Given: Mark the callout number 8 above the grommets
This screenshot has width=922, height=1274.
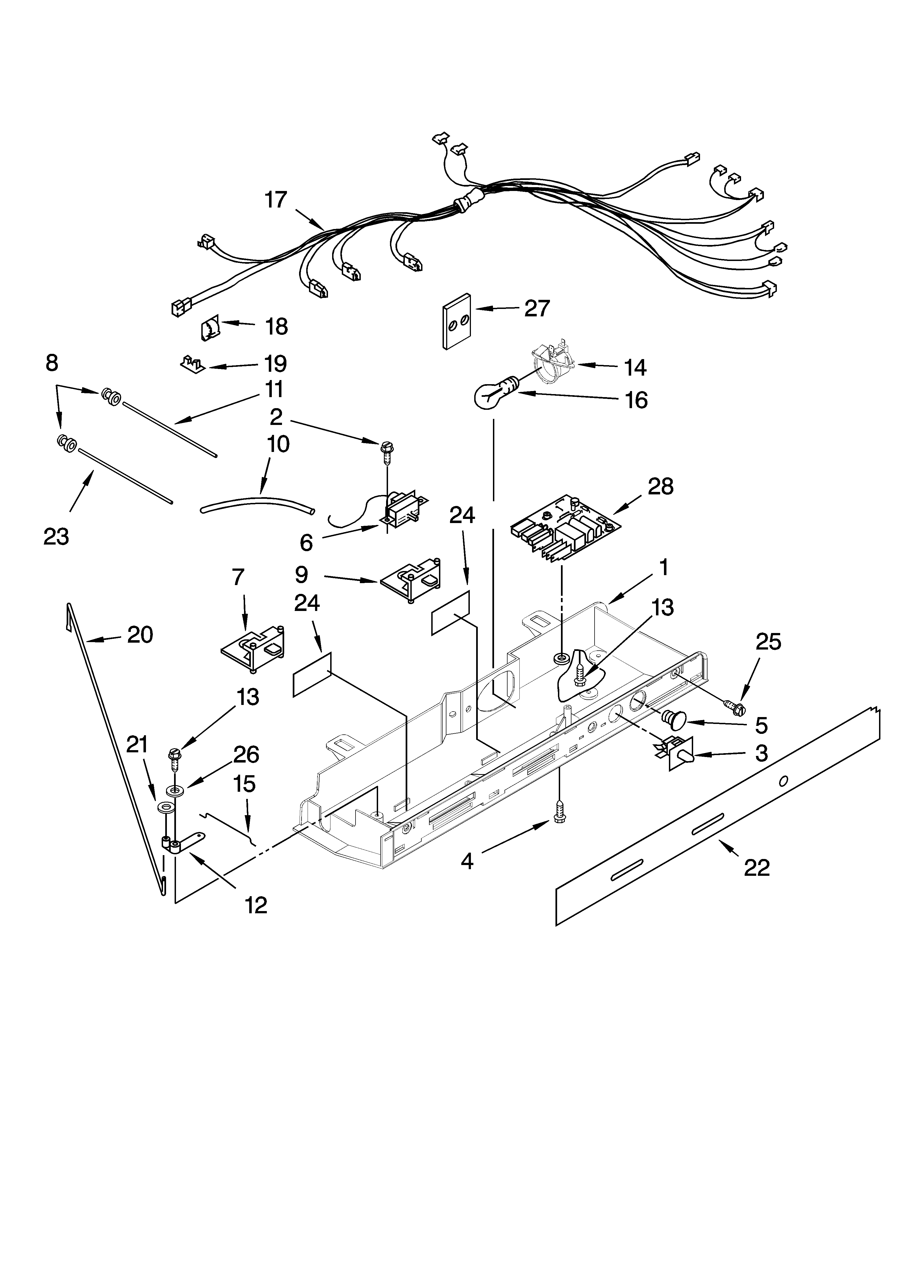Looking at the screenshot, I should pos(52,363).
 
